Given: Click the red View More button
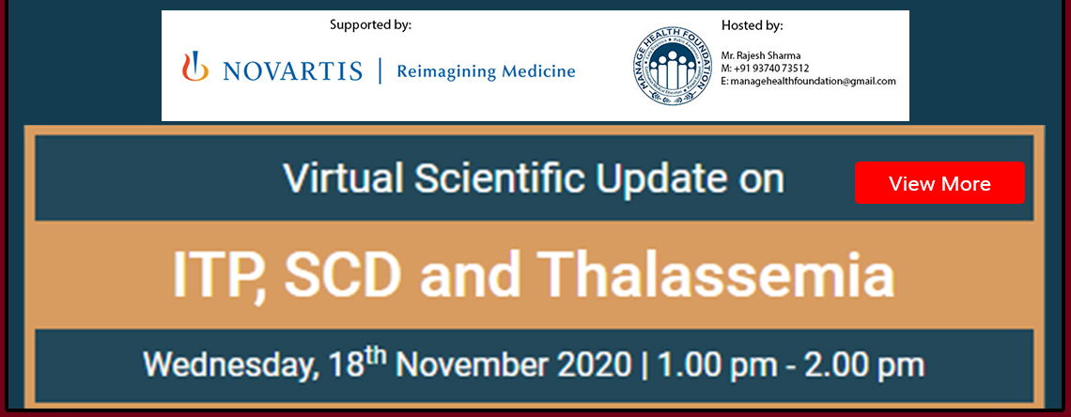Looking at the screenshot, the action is coord(939,183).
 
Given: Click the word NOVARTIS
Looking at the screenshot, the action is coord(291,70).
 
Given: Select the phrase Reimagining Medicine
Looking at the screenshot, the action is coord(487,71).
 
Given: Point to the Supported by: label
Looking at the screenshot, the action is coord(371,26).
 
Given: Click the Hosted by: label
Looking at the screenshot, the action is coord(752,26).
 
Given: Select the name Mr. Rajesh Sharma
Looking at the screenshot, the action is coord(761,55).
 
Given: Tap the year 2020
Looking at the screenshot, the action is coord(597,365).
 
